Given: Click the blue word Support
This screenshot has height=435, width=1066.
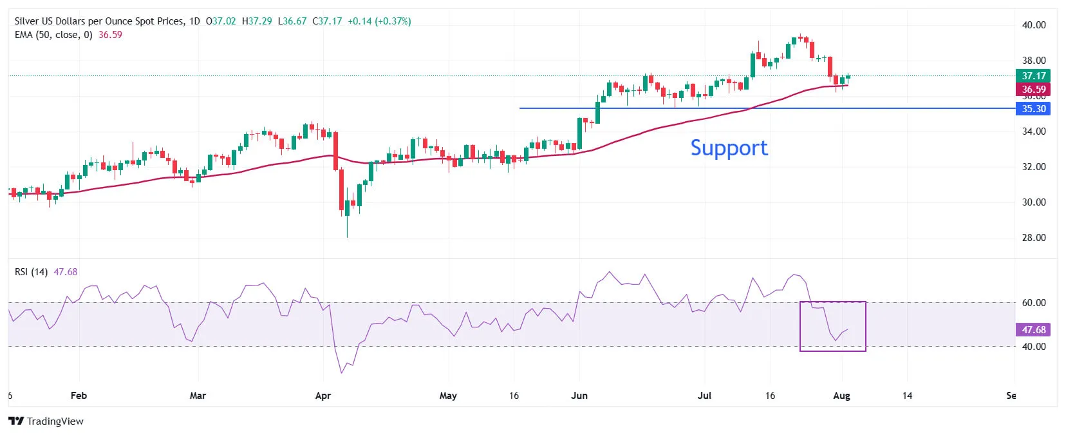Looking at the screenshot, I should pos(729,148).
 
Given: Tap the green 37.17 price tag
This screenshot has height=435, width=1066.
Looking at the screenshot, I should pos(1033,76).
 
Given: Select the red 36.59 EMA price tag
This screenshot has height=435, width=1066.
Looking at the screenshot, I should pos(1033,90).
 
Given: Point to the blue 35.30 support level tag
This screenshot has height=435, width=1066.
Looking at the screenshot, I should pos(1033,109).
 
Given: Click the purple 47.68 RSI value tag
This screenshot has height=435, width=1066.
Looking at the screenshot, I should pos(1033,330).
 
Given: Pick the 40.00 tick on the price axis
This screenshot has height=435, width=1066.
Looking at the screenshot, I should pos(1034,25).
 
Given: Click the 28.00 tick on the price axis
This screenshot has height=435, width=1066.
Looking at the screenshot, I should pos(1034,238).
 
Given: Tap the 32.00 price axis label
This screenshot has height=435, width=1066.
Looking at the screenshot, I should pos(1034,167).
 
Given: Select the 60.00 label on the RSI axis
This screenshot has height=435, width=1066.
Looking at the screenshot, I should pos(1034,303).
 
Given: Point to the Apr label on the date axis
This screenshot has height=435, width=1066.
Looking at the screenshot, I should pos(323,396).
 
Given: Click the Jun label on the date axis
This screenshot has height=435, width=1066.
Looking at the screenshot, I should pos(579,396).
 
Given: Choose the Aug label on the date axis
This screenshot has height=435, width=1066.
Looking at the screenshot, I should pos(841,396).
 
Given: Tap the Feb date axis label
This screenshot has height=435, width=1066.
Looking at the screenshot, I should pos(79,396).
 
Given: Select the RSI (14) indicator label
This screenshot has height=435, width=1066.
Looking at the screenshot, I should pos(31,272).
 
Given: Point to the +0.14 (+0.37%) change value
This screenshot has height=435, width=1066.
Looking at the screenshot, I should pos(379,21).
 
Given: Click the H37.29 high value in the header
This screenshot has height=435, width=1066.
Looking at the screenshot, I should pos(257,21).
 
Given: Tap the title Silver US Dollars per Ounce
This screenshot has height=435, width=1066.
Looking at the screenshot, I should pos(99,21).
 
